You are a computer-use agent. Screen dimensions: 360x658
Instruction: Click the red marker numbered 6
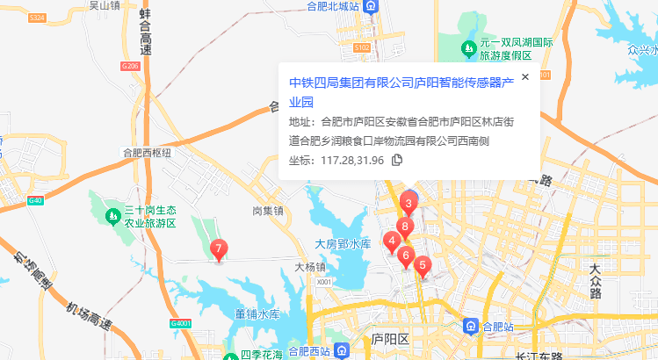405,256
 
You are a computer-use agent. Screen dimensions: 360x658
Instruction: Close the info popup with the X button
525,77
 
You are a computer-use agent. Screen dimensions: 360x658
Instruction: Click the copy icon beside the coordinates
397,160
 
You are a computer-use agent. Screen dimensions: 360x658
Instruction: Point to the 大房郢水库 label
343,243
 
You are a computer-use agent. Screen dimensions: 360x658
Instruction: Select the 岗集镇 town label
267,211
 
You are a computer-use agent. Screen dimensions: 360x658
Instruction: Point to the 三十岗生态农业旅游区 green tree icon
112,214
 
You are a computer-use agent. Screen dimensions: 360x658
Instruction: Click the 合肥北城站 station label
333,6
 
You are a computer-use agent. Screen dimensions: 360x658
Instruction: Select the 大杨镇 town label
309,266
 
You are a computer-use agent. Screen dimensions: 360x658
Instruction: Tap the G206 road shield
130,66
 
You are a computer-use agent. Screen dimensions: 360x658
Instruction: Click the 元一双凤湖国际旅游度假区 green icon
468,47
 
